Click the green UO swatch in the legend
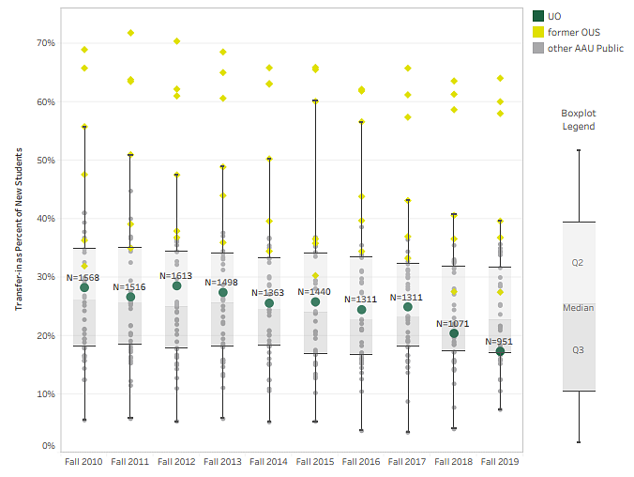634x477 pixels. point(538,16)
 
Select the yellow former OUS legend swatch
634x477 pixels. point(538,32)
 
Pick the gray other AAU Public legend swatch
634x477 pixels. point(538,48)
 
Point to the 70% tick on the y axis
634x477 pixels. point(45,42)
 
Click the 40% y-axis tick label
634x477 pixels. point(45,219)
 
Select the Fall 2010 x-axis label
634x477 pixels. point(84,462)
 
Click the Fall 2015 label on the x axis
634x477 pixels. point(315,462)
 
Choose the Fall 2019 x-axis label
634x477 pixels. point(500,462)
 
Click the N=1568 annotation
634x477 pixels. point(83,277)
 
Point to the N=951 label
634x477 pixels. point(500,342)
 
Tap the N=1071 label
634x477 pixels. point(454,323)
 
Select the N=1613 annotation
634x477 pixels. point(176,276)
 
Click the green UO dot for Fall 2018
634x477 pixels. point(454,333)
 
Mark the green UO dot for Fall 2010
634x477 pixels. point(84,288)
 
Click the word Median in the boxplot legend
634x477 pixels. point(578,307)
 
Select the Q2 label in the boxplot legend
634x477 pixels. point(578,263)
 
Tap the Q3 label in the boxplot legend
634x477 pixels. point(578,349)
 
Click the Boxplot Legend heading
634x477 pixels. point(578,118)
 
